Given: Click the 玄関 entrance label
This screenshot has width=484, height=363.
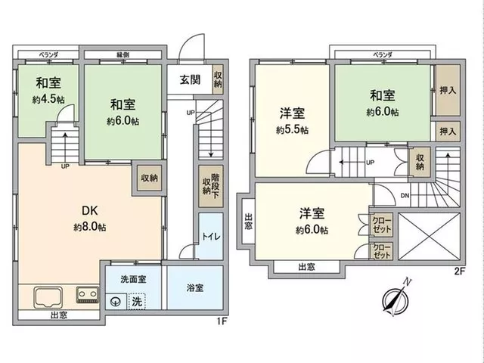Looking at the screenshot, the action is pyautogui.click(x=190, y=80).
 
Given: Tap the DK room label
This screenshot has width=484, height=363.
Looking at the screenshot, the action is pyautogui.click(x=90, y=211).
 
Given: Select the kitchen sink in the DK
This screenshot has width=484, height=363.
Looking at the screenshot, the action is pyautogui.click(x=48, y=297).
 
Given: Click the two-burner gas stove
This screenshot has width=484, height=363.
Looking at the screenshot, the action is pyautogui.click(x=88, y=294).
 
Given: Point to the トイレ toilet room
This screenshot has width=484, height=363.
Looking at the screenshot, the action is pyautogui.click(x=211, y=236).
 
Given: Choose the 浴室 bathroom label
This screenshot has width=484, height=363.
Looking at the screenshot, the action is pyautogui.click(x=195, y=287).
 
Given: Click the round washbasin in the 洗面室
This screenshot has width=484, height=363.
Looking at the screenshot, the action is pyautogui.click(x=116, y=301).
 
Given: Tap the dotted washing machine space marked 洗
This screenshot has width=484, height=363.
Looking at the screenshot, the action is pyautogui.click(x=137, y=301).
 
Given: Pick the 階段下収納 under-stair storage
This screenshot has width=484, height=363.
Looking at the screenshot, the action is pyautogui.click(x=211, y=186).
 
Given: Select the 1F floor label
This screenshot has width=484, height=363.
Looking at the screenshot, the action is pyautogui.click(x=222, y=321).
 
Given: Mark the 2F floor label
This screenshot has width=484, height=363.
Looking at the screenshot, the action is pyautogui.click(x=459, y=271).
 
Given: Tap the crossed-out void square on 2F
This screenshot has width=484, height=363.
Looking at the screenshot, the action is pyautogui.click(x=430, y=236).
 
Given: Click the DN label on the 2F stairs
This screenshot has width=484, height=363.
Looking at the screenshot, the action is pyautogui.click(x=405, y=195).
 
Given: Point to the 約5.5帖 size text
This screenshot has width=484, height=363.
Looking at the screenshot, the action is pyautogui.click(x=292, y=130).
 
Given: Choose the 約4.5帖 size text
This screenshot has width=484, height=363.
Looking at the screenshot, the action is pyautogui.click(x=48, y=99).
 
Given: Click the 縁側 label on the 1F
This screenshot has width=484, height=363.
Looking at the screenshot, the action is pyautogui.click(x=123, y=55).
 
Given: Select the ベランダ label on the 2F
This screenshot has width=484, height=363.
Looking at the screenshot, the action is pyautogui.click(x=383, y=55).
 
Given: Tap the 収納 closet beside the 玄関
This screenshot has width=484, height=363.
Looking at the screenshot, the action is pyautogui.click(x=218, y=79).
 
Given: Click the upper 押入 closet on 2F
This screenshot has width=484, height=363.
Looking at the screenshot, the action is pyautogui.click(x=448, y=91).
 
